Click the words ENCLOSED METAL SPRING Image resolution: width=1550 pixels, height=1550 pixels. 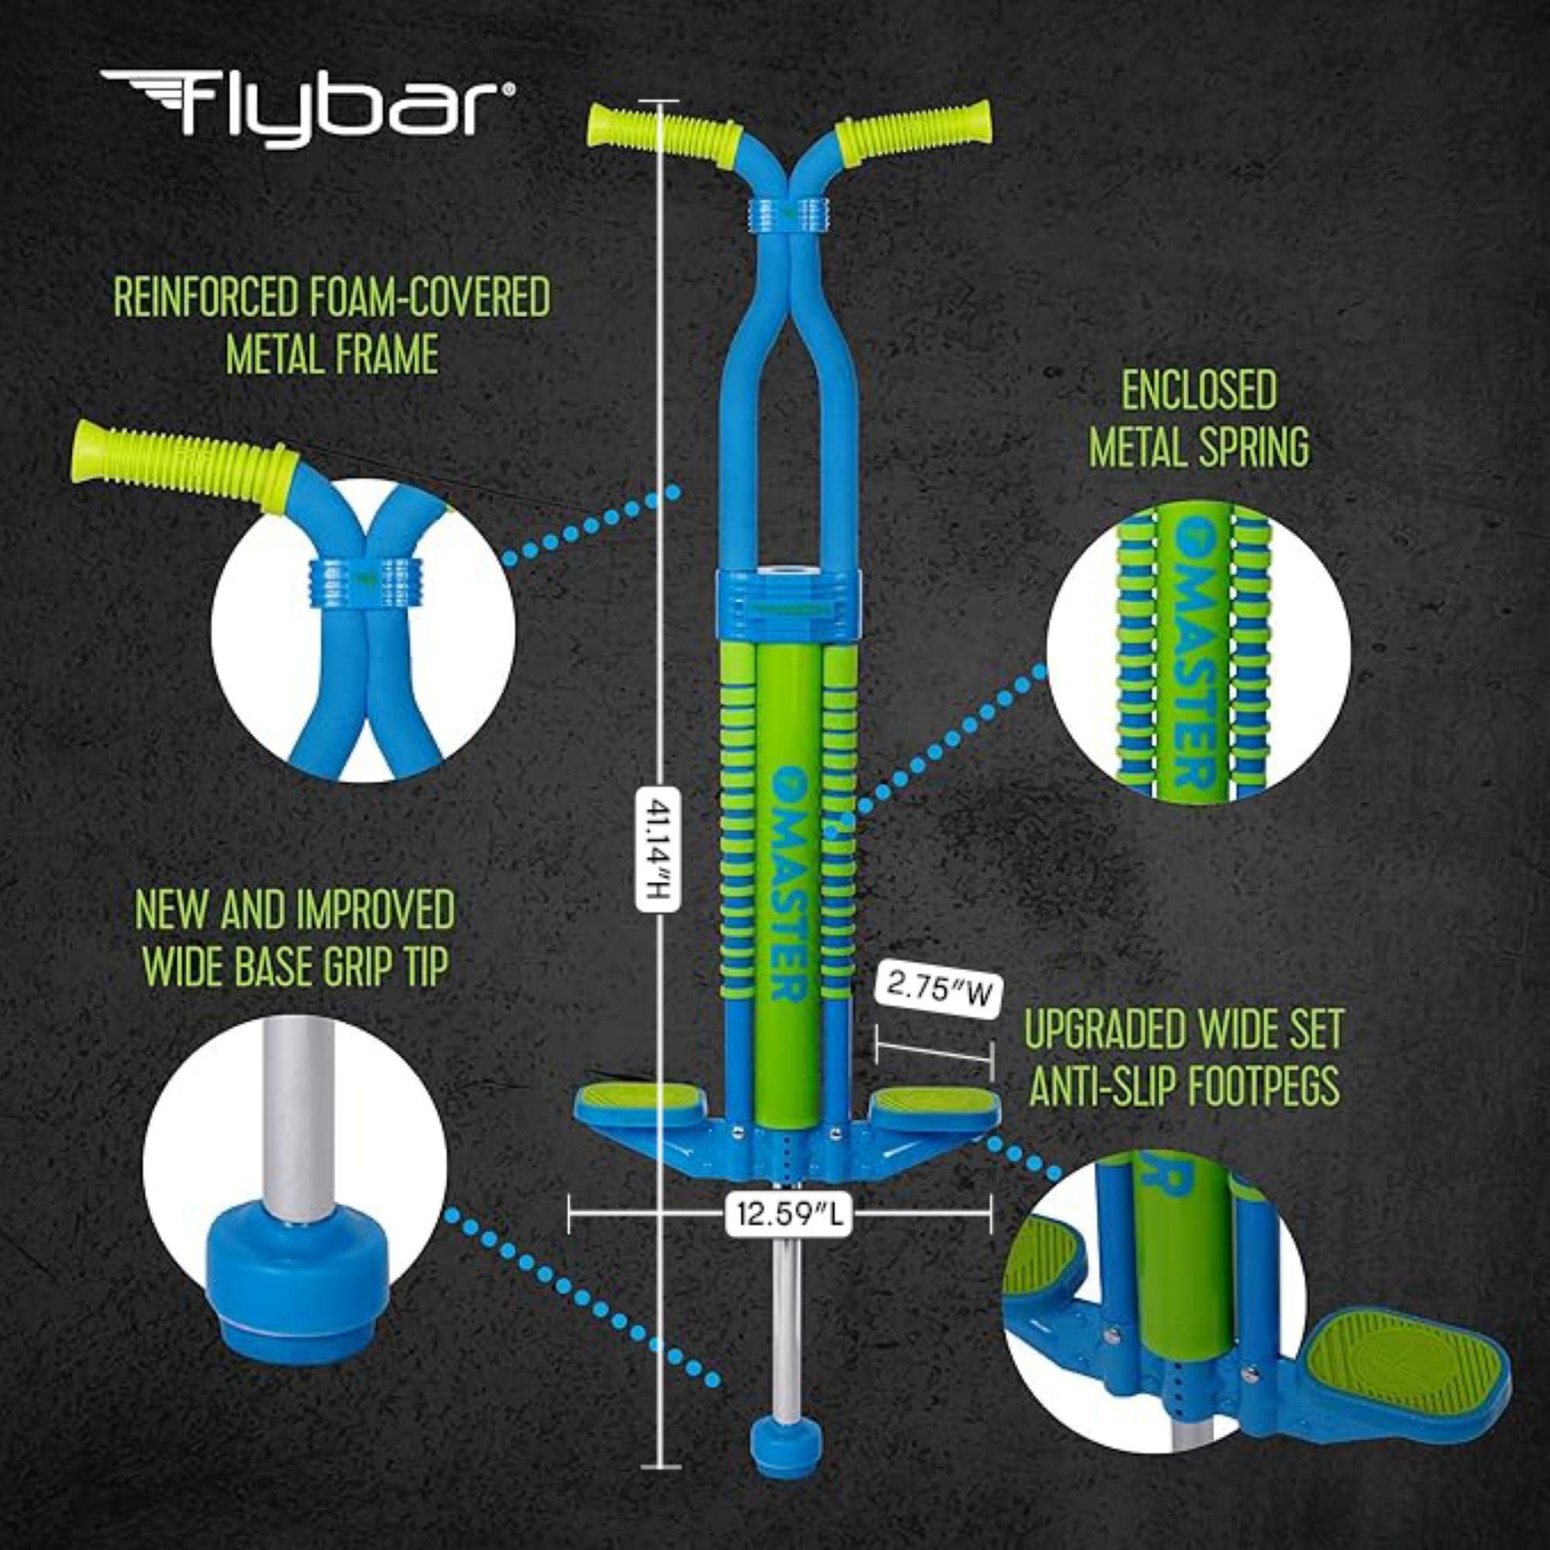click(x=1199, y=418)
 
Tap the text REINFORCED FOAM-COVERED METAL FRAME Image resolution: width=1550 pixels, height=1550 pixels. click(x=332, y=325)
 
